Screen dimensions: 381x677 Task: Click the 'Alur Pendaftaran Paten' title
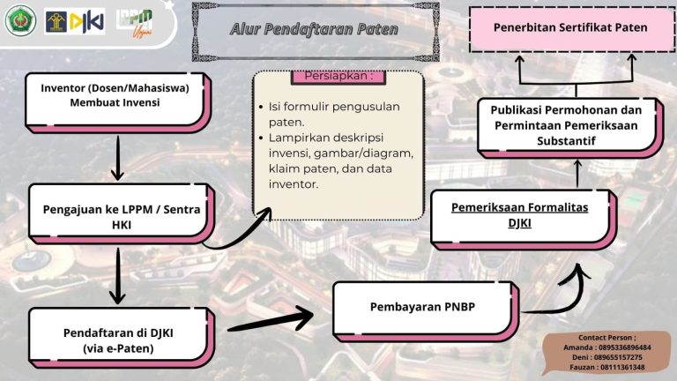click(x=314, y=30)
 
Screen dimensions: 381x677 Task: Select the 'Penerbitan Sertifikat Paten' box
click(x=569, y=28)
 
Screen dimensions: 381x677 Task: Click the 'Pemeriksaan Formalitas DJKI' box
click(x=519, y=216)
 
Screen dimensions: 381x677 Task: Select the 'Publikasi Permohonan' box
click(x=567, y=125)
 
